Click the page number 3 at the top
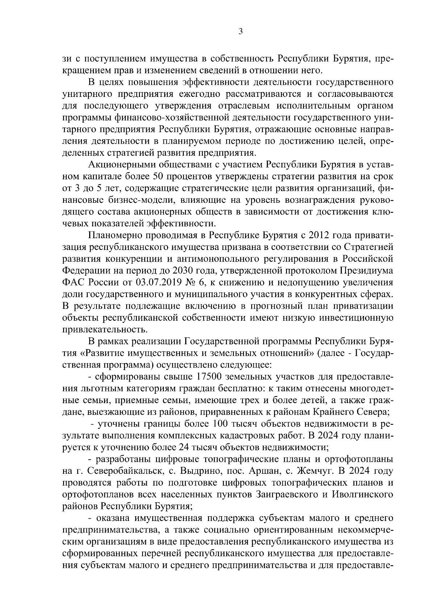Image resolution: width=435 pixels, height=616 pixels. [240, 32]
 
